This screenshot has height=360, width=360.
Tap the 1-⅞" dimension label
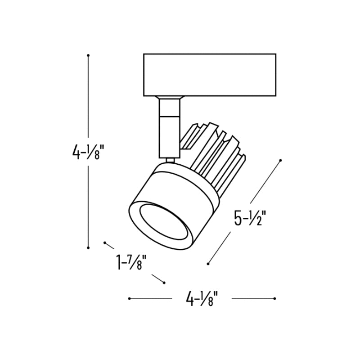(131, 262)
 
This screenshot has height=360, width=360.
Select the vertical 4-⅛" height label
(86, 152)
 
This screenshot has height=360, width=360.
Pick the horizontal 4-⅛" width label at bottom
(202, 298)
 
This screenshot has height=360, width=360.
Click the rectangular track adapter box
(210, 75)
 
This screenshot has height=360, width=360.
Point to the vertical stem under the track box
(170, 129)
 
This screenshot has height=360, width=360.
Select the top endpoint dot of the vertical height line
(88, 55)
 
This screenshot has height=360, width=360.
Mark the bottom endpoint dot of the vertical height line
(88, 248)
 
